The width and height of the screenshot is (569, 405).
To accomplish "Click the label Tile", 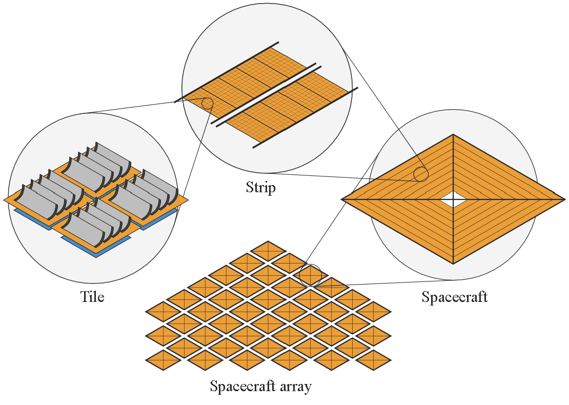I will pyautogui.click(x=92, y=297).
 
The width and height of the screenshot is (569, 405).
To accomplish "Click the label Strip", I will pyautogui.click(x=260, y=188).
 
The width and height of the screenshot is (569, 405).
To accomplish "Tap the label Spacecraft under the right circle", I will pyautogui.click(x=454, y=297).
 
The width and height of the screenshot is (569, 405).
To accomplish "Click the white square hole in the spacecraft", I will pyautogui.click(x=453, y=199).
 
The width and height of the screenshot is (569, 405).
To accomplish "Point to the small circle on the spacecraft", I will pyautogui.click(x=421, y=174).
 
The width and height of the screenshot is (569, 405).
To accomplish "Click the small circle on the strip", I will pyautogui.click(x=207, y=103).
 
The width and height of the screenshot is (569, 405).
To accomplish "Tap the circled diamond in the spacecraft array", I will pyautogui.click(x=310, y=275).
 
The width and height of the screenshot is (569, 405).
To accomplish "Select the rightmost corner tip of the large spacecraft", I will pyautogui.click(x=564, y=199).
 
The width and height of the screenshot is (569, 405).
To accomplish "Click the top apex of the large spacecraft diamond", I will pyautogui.click(x=453, y=135).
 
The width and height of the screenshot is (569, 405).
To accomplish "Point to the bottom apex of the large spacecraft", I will pyautogui.click(x=453, y=264).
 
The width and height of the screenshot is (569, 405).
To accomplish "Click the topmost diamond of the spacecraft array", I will pyautogui.click(x=268, y=251).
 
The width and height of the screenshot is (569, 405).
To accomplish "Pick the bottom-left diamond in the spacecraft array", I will pyautogui.click(x=163, y=360).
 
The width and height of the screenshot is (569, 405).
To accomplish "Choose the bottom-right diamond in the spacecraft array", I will pyautogui.click(x=373, y=360).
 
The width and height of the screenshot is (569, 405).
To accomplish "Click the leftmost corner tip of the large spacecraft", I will pyautogui.click(x=342, y=199).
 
